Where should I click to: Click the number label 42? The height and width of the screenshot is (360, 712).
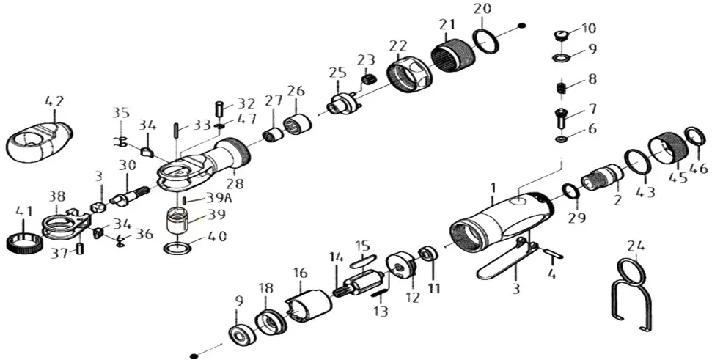[54, 100]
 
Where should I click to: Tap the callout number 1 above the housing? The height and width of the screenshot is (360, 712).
[493, 188]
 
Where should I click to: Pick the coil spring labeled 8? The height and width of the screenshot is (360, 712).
[562, 89]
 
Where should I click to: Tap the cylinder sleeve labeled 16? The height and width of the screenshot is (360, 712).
[312, 304]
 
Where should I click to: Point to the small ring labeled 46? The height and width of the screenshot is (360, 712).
[694, 136]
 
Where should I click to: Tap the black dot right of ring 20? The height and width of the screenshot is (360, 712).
[521, 26]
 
